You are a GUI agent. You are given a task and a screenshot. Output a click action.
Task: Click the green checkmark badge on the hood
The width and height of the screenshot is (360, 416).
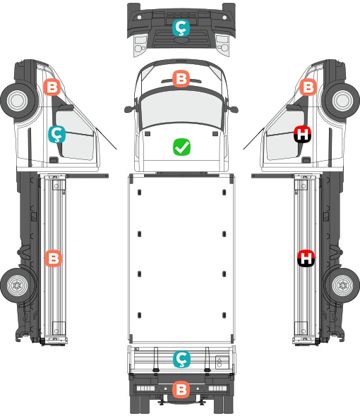181,147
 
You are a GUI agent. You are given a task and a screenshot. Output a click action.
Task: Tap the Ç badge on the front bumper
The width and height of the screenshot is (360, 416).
181,27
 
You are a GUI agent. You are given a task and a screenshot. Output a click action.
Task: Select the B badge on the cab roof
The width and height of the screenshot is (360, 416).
181,78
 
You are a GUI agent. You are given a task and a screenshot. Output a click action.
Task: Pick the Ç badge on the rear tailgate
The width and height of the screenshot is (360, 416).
181,359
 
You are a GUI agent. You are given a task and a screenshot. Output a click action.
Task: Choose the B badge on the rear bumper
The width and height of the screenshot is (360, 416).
181,389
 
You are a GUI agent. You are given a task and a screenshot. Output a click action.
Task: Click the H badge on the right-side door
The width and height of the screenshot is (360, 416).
302,134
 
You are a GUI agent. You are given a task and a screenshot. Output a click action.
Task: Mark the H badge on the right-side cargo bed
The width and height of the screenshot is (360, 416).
306,258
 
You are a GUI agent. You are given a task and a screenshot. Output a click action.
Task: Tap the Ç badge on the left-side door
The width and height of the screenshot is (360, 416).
57,134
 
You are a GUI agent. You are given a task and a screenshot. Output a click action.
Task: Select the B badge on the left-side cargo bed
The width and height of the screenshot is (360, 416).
53,258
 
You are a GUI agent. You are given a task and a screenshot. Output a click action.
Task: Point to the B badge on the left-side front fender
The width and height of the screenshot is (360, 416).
52,87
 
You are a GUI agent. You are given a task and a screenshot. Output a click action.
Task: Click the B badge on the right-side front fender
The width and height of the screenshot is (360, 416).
308,87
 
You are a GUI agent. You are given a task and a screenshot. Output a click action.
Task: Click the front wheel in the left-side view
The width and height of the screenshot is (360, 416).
18,101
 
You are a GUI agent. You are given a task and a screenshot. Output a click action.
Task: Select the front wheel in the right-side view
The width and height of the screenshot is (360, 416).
342,101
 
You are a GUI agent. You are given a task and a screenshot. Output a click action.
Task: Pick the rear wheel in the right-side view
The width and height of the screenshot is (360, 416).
342,285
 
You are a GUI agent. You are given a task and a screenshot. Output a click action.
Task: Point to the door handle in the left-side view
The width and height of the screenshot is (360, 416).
54,160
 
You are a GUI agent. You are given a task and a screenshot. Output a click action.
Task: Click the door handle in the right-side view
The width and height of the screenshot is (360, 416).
306,160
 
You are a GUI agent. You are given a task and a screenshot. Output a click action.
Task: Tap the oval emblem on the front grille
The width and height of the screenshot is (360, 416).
181,39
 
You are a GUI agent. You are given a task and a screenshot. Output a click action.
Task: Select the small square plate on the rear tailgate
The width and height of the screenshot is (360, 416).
222,362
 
